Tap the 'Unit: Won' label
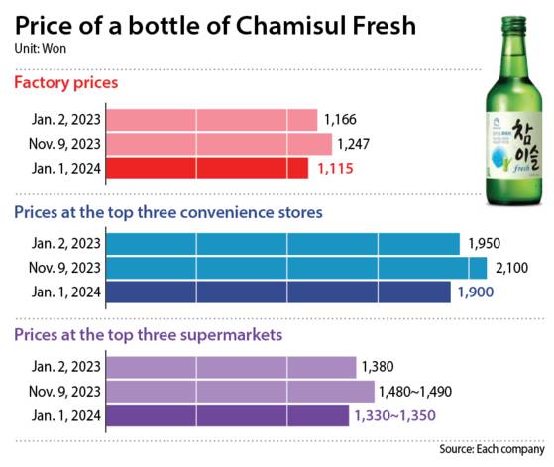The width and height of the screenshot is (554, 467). click(41, 47)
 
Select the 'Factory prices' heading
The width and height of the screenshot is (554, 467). click(65, 82)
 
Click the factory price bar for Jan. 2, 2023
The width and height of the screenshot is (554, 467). click(210, 120)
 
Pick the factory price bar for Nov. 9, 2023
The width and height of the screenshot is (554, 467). click(218, 145)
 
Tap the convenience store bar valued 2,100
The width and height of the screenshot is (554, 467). click(295, 268)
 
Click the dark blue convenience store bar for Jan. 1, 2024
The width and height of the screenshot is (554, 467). click(277, 292)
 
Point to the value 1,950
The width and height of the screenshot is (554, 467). click(485, 244)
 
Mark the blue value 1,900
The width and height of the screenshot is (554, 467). click(476, 292)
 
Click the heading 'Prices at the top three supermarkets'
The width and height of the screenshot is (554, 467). click(148, 335)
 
